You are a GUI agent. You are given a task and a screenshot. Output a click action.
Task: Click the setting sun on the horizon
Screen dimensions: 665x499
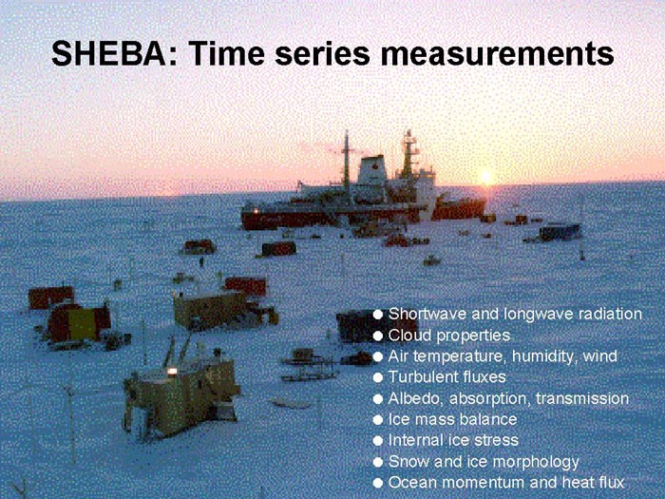(486, 178)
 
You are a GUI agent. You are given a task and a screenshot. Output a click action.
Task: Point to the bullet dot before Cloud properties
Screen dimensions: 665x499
(377, 336)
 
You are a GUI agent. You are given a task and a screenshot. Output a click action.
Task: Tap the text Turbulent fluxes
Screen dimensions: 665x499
(447, 376)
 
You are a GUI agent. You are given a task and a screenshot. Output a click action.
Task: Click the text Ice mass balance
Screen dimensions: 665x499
(452, 419)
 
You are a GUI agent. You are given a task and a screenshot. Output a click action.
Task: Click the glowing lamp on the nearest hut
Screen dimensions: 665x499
(172, 372)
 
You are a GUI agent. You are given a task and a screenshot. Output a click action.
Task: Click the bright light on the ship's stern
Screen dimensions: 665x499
(256, 210)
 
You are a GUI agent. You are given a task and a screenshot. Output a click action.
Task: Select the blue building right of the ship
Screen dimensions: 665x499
(560, 232)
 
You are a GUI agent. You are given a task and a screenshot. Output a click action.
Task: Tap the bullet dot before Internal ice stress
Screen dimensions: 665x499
(377, 440)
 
